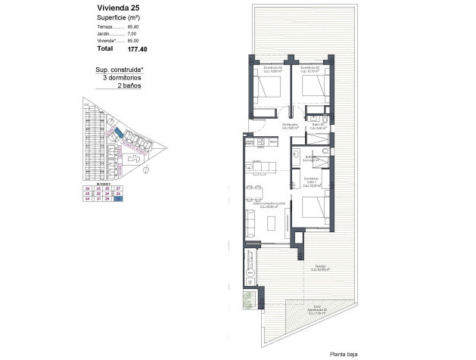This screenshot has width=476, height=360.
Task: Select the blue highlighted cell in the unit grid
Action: [118, 200]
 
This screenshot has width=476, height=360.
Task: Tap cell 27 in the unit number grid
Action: [118, 188]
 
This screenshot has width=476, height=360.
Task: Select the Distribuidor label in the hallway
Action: [289, 126]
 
